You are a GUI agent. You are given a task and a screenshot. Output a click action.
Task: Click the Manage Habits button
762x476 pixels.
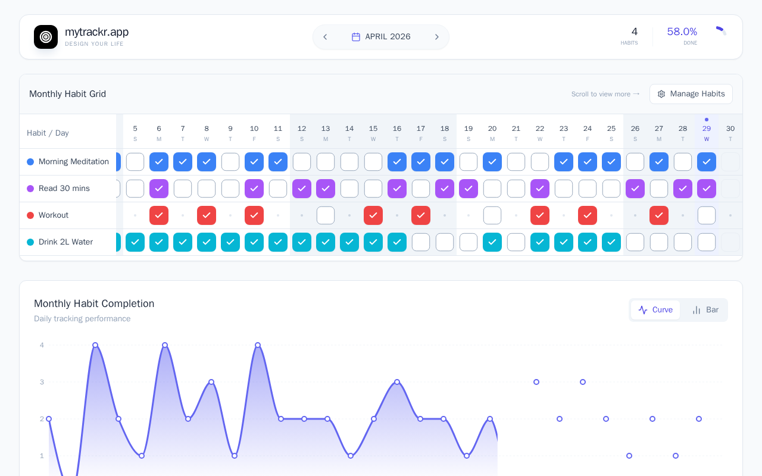[x=691, y=94]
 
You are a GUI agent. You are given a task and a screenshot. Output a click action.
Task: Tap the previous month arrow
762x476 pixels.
[x=325, y=37]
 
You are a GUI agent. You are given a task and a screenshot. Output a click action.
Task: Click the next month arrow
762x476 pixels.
[x=437, y=37]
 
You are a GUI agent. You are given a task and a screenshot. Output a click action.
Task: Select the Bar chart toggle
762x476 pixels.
[x=705, y=310]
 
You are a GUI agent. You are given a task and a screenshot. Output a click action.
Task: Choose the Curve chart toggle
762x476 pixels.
[x=655, y=310]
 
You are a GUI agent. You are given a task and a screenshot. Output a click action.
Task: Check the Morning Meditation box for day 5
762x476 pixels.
[x=135, y=161]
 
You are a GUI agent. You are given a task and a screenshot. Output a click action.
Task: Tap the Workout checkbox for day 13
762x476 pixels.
[x=326, y=215]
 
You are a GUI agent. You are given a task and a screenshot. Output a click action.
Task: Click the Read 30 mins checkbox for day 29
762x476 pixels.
[x=707, y=189]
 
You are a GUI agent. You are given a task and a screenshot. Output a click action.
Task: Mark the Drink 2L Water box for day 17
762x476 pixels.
[x=421, y=242]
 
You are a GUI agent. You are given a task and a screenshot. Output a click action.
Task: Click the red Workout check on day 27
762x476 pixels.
[x=659, y=215]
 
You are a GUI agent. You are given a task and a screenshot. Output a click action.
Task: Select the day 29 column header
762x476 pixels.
[x=707, y=133]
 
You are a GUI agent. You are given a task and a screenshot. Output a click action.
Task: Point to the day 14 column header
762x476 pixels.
[x=349, y=133]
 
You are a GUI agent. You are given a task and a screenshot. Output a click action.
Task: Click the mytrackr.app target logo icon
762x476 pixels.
[x=46, y=37]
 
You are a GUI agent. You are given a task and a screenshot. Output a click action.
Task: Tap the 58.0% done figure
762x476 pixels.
[x=682, y=32]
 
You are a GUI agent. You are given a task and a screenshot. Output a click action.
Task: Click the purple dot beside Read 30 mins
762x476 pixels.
[x=30, y=189]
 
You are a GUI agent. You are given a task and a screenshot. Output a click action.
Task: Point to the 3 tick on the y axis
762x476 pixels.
[x=42, y=382]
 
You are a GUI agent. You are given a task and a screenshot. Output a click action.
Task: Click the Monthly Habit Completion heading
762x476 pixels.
[x=94, y=303]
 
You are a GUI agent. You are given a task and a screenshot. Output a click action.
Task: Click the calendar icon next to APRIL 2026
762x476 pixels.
[x=356, y=37]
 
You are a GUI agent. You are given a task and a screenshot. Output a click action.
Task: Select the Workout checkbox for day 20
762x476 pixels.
[x=492, y=215]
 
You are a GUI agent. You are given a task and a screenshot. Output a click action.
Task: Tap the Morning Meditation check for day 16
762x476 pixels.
[x=397, y=161]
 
